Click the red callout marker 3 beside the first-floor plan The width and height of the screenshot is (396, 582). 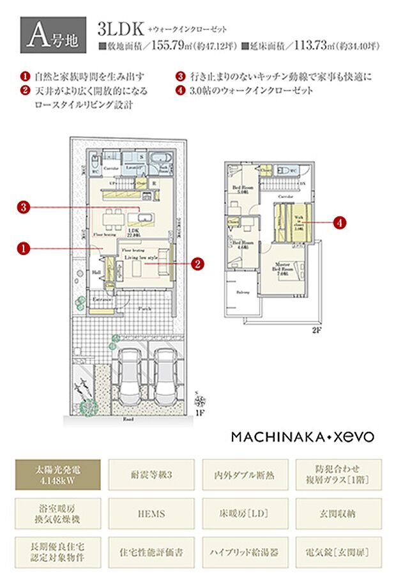[24, 207]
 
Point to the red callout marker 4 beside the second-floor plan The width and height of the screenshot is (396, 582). [339, 222]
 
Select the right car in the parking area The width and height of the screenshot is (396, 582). [166, 377]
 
